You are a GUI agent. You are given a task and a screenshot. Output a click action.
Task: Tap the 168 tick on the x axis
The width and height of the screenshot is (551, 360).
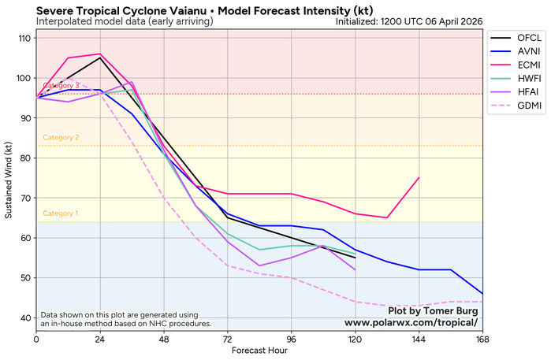point(482,339)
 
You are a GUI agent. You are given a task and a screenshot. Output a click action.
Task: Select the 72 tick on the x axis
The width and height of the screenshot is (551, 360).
point(228,339)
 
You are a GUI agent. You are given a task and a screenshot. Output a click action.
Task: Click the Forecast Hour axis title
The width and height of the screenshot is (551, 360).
point(259,351)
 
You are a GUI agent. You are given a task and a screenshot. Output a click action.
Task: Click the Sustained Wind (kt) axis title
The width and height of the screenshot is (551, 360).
point(9,179)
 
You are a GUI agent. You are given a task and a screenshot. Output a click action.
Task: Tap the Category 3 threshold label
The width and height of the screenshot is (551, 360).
point(61,85)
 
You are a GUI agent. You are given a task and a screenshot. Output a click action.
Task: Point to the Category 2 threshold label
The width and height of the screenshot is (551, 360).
point(61,138)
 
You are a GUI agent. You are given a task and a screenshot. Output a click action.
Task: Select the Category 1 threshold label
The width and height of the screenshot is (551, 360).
point(61,213)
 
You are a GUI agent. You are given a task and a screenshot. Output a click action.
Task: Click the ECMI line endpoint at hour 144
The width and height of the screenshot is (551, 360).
point(419,178)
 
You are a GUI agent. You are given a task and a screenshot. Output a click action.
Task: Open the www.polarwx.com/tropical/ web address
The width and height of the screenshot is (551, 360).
point(411,323)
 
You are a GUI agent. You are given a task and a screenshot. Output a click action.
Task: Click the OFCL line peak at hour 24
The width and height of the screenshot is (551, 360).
point(100,58)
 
